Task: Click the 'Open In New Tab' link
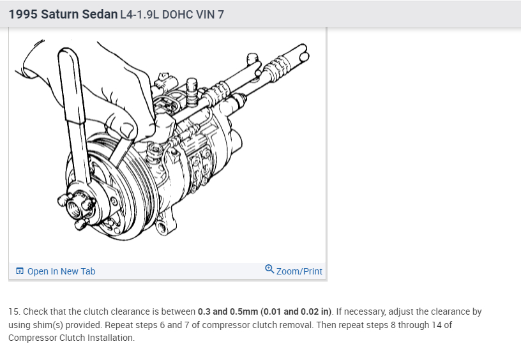pos(61,271)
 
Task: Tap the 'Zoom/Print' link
pos(299,271)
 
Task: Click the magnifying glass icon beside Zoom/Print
pos(269,269)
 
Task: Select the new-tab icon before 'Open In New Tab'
pos(20,271)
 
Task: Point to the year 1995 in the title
pos(23,14)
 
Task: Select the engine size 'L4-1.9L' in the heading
pos(139,15)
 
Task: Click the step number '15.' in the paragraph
pos(14,311)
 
